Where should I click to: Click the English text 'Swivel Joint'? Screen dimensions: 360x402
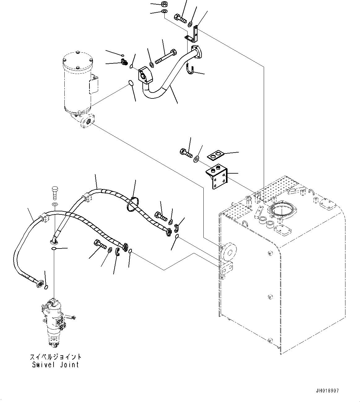click(x=56, y=365)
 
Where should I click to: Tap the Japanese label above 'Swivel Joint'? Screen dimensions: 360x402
click(x=56, y=357)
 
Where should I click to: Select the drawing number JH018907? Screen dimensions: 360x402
click(x=327, y=391)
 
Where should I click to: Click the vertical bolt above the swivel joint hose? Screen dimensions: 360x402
click(x=55, y=193)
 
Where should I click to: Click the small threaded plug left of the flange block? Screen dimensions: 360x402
click(x=124, y=63)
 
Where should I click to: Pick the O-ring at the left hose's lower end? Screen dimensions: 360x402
click(x=46, y=287)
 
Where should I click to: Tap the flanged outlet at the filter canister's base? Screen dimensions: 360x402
click(x=88, y=120)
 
